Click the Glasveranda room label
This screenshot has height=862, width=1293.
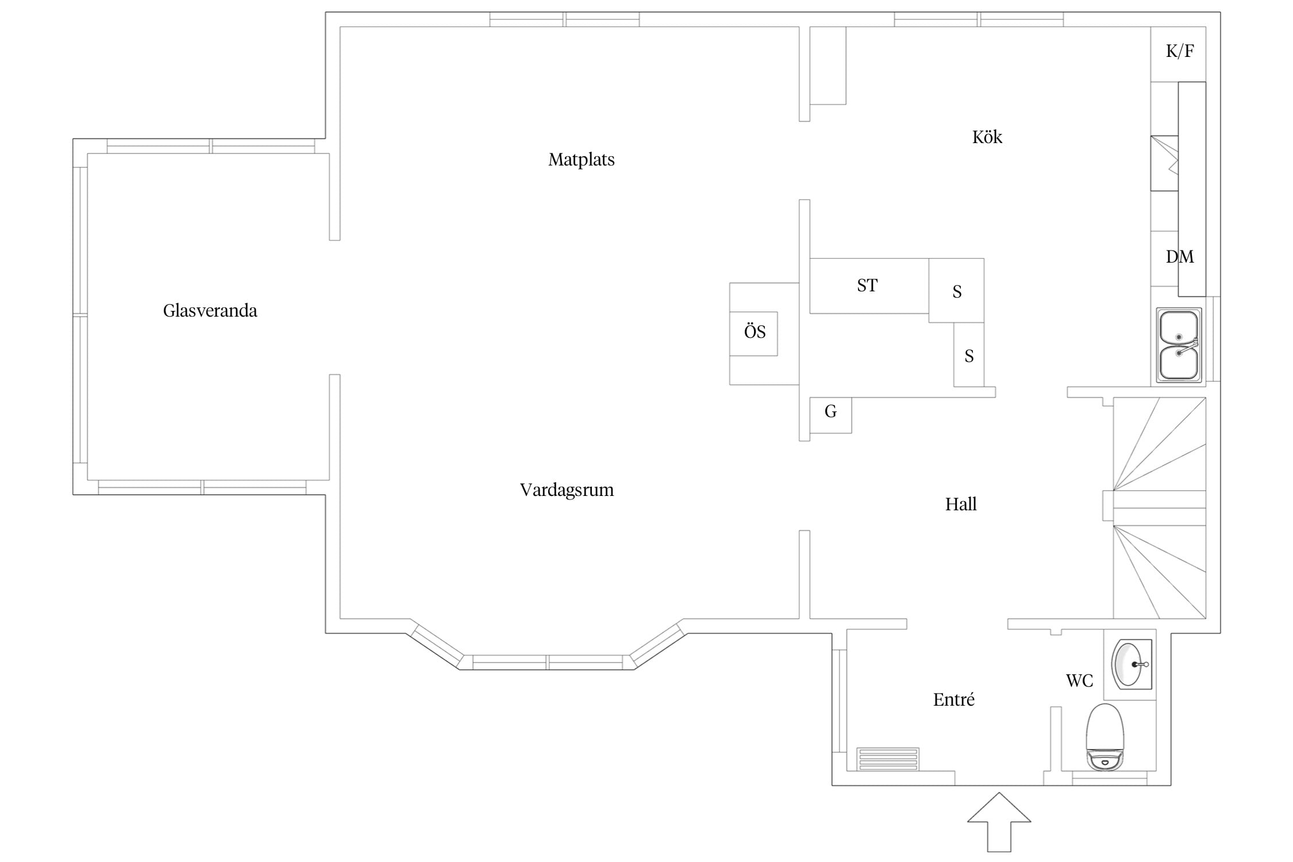210,311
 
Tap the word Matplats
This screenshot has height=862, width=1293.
581,160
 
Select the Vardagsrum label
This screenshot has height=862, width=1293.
567,490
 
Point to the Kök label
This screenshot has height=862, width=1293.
987,137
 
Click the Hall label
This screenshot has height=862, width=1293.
961,504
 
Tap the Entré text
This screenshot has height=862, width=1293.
954,699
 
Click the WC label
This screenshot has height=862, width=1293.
1079,681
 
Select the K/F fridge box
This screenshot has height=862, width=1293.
1178,54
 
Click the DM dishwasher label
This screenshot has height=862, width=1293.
1180,257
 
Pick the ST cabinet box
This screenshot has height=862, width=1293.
869,286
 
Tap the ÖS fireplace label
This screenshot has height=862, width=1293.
755,332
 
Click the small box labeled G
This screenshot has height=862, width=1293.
830,415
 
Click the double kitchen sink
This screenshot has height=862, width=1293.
1179,346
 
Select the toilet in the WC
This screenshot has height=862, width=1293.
1105,737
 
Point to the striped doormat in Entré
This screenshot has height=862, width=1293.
888,759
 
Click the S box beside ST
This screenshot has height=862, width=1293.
956,290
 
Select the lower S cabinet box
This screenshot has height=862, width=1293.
969,355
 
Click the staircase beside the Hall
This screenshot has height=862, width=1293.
1159,508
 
